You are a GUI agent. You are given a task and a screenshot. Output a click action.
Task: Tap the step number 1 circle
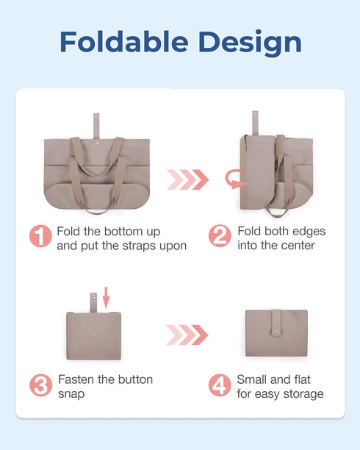40,237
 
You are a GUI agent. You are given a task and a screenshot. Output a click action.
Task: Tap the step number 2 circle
220,237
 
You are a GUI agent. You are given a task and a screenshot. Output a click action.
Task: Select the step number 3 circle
40,385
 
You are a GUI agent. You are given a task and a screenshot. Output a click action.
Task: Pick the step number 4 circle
220,385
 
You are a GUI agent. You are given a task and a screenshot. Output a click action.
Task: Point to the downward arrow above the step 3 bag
107,298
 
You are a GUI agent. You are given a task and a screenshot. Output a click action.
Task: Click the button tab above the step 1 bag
96,125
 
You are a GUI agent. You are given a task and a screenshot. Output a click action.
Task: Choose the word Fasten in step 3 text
76,379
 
